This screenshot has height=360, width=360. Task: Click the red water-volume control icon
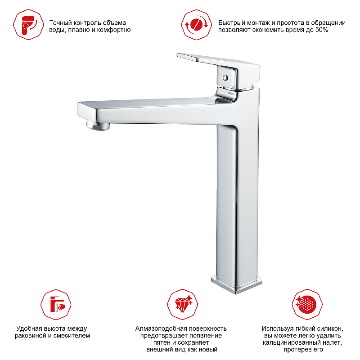28,25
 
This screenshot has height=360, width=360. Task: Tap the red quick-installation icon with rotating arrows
197,25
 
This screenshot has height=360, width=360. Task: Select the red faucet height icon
56,305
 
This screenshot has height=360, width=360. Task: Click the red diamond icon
183,305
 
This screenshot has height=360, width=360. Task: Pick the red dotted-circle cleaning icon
307,305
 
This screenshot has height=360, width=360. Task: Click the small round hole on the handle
225,78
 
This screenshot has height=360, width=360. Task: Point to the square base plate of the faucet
237,284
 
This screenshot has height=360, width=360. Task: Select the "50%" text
322,30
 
